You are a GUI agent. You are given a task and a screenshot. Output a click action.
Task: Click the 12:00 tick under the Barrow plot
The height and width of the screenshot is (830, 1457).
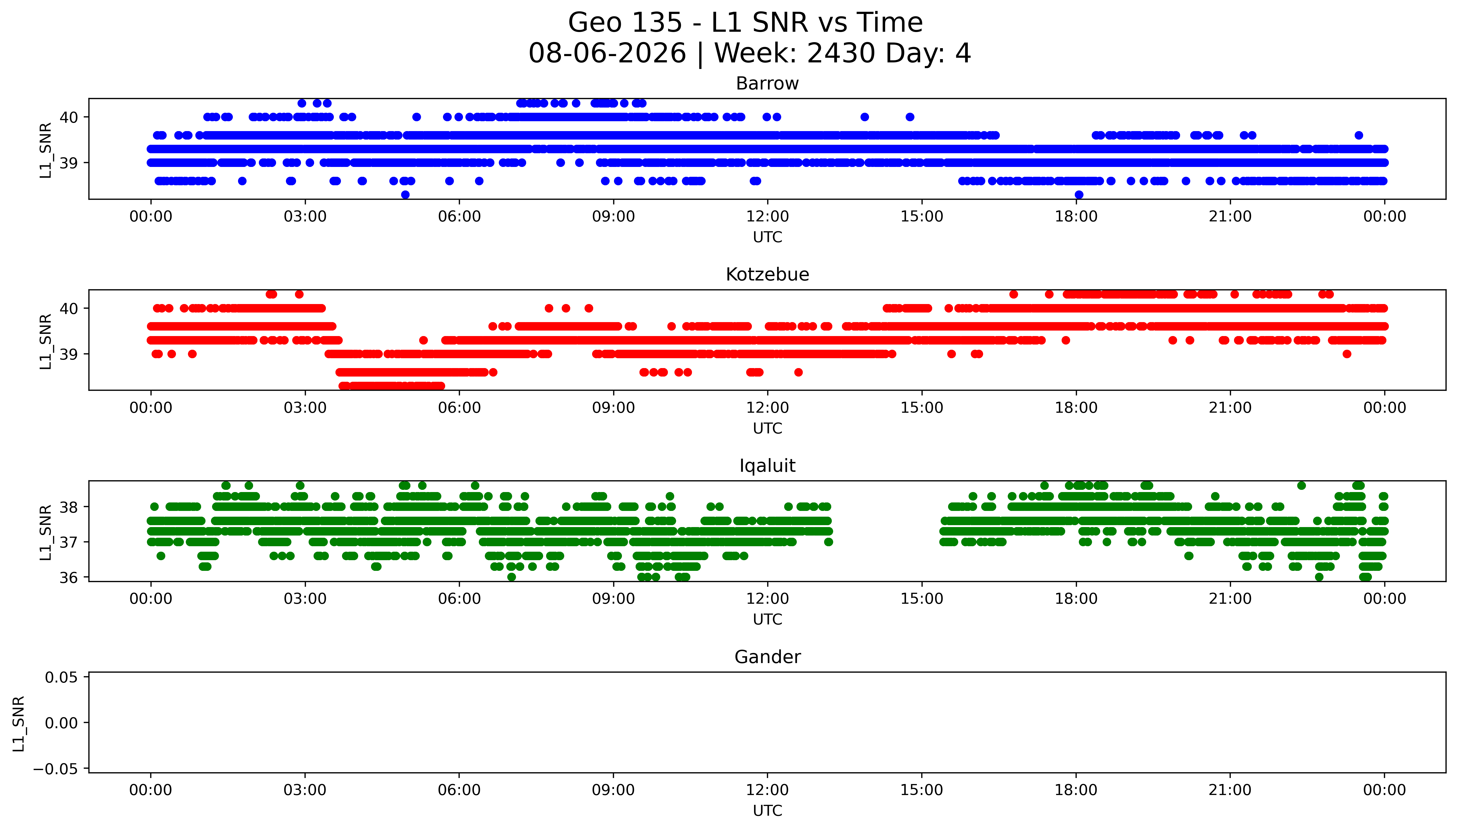click(x=767, y=217)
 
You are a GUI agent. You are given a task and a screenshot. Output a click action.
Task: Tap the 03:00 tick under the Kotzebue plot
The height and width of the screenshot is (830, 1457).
click(x=305, y=407)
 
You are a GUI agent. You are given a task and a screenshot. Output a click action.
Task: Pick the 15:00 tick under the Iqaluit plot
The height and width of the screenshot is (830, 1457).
click(x=922, y=598)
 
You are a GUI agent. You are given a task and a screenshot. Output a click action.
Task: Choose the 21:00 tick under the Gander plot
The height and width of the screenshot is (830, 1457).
click(x=1230, y=790)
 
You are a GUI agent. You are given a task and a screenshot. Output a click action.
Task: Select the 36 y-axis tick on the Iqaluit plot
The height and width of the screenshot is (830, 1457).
click(x=68, y=577)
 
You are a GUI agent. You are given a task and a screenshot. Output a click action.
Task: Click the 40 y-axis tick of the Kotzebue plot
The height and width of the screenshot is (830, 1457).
click(x=68, y=308)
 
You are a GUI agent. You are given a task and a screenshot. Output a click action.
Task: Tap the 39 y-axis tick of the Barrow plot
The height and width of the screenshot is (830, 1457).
click(x=68, y=163)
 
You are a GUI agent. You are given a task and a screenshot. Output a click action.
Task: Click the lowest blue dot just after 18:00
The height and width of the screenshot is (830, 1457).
click(x=1079, y=195)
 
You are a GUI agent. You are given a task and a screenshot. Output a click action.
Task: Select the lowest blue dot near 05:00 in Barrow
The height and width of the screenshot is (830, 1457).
click(x=405, y=195)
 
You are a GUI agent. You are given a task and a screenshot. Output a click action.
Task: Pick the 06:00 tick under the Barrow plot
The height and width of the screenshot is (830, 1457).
click(x=459, y=217)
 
